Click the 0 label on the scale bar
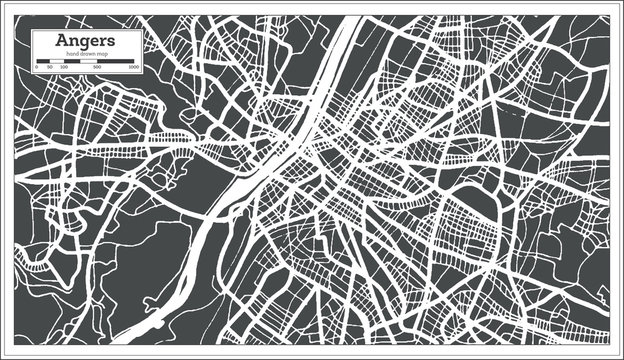pyautogui.click(x=36, y=68)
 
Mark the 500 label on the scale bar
pyautogui.click(x=97, y=68)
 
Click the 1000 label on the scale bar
pyautogui.click(x=133, y=68)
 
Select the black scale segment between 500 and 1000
pyautogui.click(x=116, y=62)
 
